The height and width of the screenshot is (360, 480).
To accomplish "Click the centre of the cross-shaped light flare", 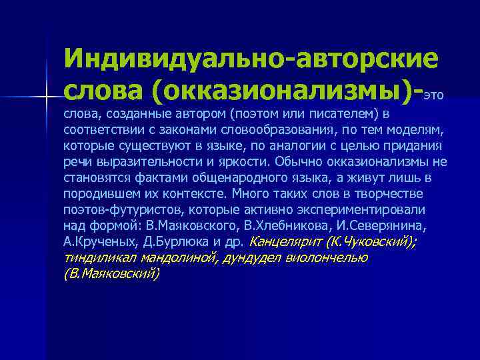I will click(47, 97).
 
